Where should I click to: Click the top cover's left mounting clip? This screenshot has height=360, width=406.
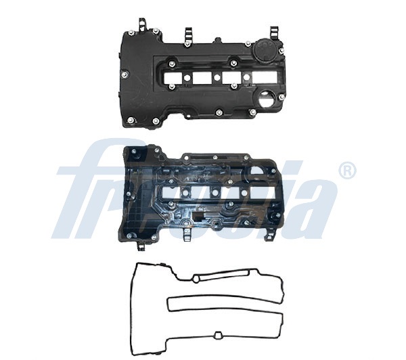tap(143, 27)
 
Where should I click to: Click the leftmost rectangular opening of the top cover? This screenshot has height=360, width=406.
tap(173, 78)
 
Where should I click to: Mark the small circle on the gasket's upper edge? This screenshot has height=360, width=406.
tap(196, 278)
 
